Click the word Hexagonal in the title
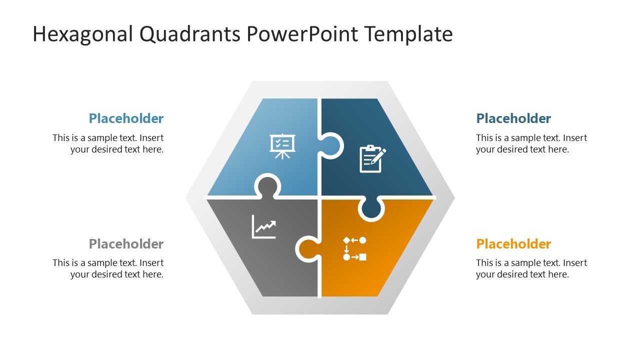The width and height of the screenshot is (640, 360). (83, 34)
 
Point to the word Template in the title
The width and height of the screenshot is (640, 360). (408, 34)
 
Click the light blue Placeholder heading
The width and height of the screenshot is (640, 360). (126, 118)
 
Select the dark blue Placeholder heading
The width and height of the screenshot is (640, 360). (513, 118)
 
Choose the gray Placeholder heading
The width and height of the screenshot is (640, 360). (126, 244)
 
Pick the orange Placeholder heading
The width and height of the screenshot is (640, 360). (513, 244)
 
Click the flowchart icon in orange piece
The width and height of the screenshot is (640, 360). (354, 248)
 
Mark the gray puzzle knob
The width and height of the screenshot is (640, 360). (267, 186)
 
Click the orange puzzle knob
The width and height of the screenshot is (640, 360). (307, 248)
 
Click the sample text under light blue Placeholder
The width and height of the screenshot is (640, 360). (108, 143)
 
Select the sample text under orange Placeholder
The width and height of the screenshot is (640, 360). (531, 268)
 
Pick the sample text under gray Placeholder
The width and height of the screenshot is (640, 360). (108, 268)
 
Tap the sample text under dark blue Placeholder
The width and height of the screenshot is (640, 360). (531, 143)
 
